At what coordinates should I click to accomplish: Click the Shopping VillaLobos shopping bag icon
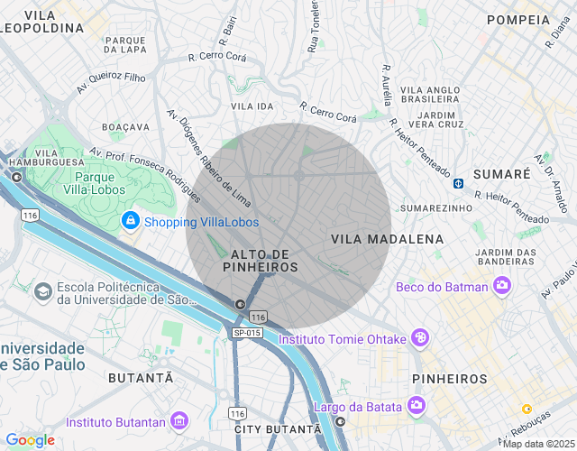coord(131,220)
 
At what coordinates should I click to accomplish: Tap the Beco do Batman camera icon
coord(501,287)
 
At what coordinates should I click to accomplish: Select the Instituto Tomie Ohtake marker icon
coord(419,338)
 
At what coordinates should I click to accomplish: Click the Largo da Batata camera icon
coord(416,405)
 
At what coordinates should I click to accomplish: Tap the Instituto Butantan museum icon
coord(179,421)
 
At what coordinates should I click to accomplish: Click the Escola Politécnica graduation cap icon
coord(42,292)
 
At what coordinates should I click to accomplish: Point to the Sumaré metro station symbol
coord(458,182)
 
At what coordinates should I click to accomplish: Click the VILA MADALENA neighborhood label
coord(388,239)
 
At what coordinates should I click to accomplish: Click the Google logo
coord(30,440)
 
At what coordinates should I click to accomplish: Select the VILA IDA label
coord(252,106)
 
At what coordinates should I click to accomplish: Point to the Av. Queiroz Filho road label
coord(111,84)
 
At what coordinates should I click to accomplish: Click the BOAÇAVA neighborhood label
coord(125,127)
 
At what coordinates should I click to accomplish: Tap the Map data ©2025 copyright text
coord(538,444)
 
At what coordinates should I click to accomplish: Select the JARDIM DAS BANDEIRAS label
coord(517,257)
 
